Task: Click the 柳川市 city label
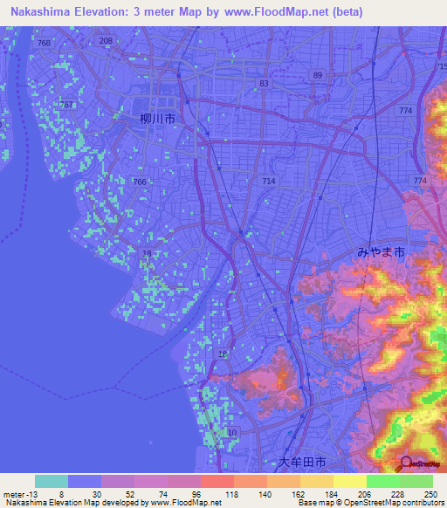click(x=157, y=120)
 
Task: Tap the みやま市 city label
click(x=380, y=251)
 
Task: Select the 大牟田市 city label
click(x=300, y=461)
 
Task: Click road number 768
click(x=45, y=43)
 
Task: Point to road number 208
click(x=107, y=41)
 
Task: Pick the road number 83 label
click(x=264, y=83)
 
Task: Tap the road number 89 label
click(x=317, y=76)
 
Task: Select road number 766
click(x=140, y=181)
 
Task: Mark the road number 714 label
click(x=268, y=180)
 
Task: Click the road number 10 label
click(x=231, y=433)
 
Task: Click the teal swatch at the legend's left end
click(x=52, y=481)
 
